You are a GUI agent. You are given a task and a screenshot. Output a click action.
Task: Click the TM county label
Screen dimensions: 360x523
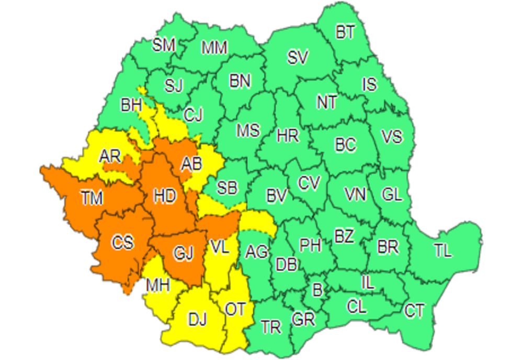(92, 198)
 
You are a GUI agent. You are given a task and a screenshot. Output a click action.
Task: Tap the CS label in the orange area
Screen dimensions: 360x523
(122, 243)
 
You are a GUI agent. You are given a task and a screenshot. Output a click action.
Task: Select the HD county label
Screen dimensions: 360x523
(165, 196)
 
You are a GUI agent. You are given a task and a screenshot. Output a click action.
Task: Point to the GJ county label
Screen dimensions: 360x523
(184, 254)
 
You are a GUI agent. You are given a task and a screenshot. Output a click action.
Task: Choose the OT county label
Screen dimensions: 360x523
(235, 310)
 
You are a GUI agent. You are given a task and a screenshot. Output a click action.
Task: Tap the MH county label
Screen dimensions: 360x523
(157, 286)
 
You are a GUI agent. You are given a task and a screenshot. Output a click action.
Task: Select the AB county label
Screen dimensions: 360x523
(191, 164)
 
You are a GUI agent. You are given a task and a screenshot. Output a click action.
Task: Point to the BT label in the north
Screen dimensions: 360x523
(345, 32)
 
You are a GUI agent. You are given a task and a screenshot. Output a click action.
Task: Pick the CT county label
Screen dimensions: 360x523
(414, 311)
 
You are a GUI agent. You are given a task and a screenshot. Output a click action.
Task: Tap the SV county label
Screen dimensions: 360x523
(298, 58)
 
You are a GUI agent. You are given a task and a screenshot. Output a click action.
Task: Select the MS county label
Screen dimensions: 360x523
(248, 130)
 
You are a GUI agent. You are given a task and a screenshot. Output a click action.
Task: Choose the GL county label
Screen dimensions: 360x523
(392, 195)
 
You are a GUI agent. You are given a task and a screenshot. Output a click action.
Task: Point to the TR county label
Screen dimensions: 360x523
(271, 328)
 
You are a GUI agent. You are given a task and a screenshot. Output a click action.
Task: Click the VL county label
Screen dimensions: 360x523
(220, 248)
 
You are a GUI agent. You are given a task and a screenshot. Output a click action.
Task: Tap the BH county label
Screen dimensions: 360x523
(131, 106)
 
